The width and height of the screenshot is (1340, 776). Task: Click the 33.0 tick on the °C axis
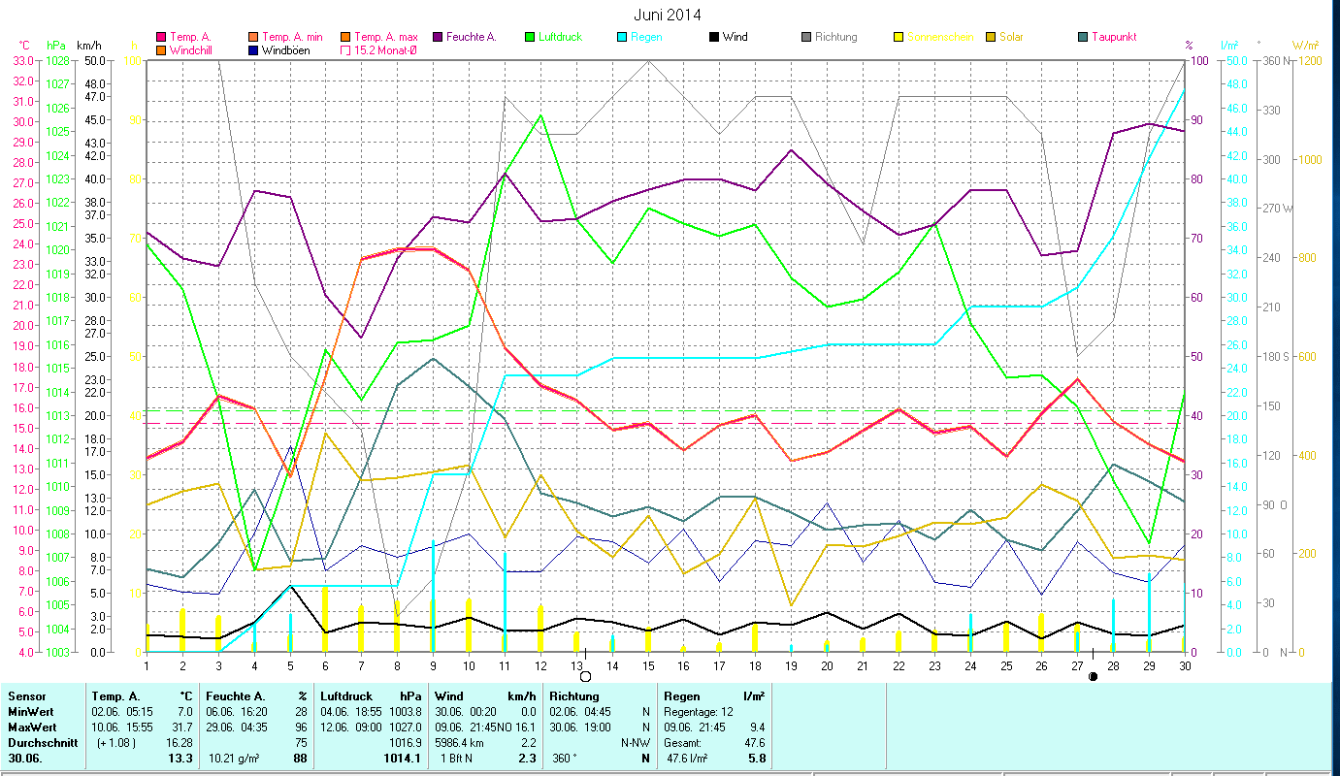point(22,60)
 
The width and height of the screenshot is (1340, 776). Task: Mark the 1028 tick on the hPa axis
point(57,60)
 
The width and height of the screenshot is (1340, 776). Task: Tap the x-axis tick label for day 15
point(648,664)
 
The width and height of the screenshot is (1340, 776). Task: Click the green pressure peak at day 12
point(540,115)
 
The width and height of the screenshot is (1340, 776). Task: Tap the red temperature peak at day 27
point(1077,379)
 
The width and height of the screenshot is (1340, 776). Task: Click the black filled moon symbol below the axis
point(1094,676)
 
